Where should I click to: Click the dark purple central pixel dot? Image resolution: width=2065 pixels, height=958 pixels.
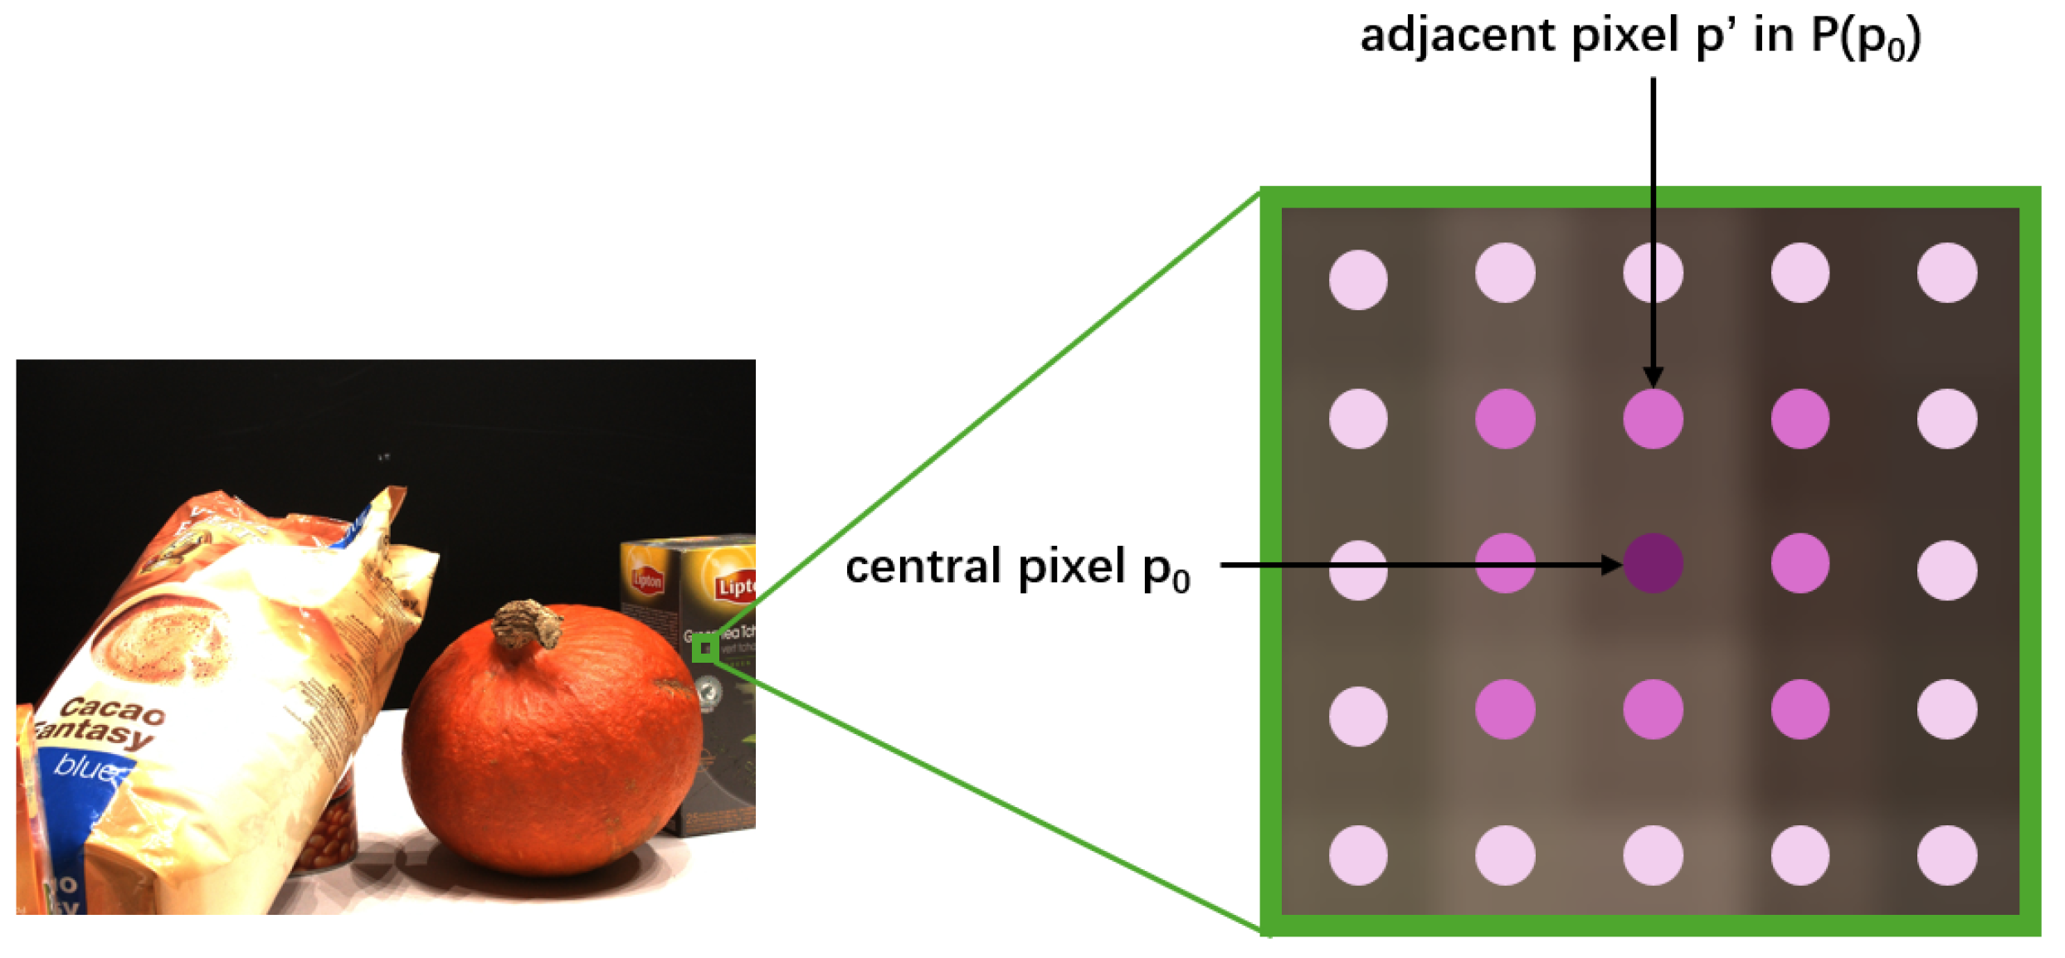tap(1652, 563)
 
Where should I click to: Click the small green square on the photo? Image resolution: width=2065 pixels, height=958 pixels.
tap(704, 649)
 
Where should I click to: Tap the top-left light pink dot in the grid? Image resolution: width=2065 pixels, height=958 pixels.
tap(1357, 280)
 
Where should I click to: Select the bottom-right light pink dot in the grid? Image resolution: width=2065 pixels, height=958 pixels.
tap(1946, 855)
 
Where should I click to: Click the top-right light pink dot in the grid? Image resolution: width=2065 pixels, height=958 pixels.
tap(1946, 273)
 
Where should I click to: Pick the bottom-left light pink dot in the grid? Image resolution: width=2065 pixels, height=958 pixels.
tap(1357, 855)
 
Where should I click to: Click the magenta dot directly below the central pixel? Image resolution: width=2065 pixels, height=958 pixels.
tap(1653, 709)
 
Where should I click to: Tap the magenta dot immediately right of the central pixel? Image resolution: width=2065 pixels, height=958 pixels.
tap(1800, 563)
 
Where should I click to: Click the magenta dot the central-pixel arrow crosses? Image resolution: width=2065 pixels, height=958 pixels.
tap(1505, 563)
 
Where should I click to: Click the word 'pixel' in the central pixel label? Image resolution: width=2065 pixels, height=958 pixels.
tap(1071, 567)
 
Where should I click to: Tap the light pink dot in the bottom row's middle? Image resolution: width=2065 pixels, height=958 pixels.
tap(1653, 855)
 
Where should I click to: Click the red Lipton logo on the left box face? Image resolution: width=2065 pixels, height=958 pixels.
tap(647, 580)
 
